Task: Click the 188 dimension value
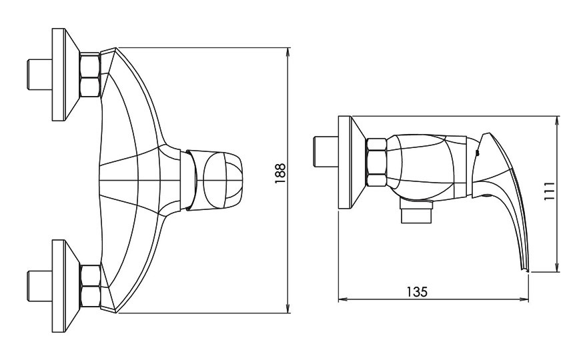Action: point(280,173)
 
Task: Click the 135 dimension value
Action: point(417,292)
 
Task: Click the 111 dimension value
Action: point(549,191)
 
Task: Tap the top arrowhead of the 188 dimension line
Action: point(288,52)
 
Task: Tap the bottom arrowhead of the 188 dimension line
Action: point(288,308)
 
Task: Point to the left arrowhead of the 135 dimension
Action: point(343,299)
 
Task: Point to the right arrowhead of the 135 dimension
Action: point(524,299)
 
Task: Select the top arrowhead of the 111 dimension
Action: point(558,121)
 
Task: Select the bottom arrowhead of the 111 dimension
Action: point(558,267)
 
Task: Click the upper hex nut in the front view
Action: point(90,75)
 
